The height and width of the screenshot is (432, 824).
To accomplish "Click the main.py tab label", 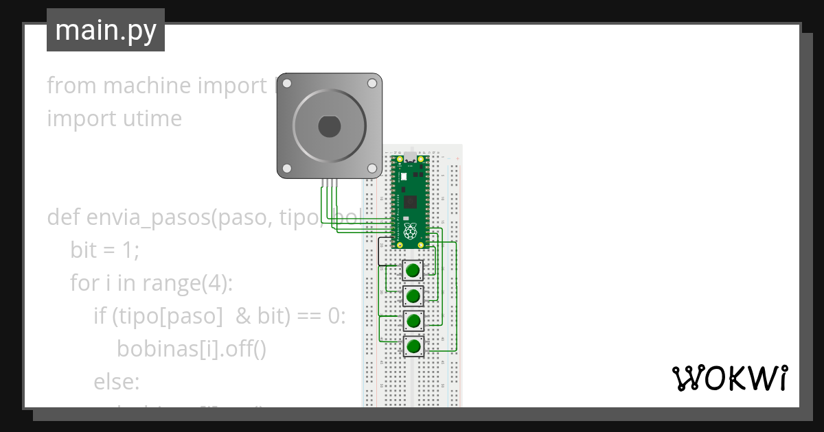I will [x=106, y=31].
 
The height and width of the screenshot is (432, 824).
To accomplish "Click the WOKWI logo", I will [x=729, y=378].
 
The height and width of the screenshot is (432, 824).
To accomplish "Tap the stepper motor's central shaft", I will [x=329, y=126].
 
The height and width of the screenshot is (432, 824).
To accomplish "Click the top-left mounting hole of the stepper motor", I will [x=287, y=84].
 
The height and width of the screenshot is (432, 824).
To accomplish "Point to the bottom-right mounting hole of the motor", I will [x=371, y=169].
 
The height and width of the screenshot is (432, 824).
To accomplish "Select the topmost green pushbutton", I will [x=413, y=271].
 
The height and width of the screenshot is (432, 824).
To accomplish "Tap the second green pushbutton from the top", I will [x=413, y=296].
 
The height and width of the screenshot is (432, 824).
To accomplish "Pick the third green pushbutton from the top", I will [x=413, y=321].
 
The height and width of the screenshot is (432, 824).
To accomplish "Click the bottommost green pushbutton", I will [x=413, y=346].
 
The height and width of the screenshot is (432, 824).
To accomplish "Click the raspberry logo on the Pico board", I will [x=410, y=231].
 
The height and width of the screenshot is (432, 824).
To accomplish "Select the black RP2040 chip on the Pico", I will [x=411, y=202].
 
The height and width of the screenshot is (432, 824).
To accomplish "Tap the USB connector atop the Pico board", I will [x=410, y=157].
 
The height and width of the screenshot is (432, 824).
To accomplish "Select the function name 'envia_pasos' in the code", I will [x=147, y=217].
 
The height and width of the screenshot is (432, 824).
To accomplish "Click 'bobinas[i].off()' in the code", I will [x=191, y=348].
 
